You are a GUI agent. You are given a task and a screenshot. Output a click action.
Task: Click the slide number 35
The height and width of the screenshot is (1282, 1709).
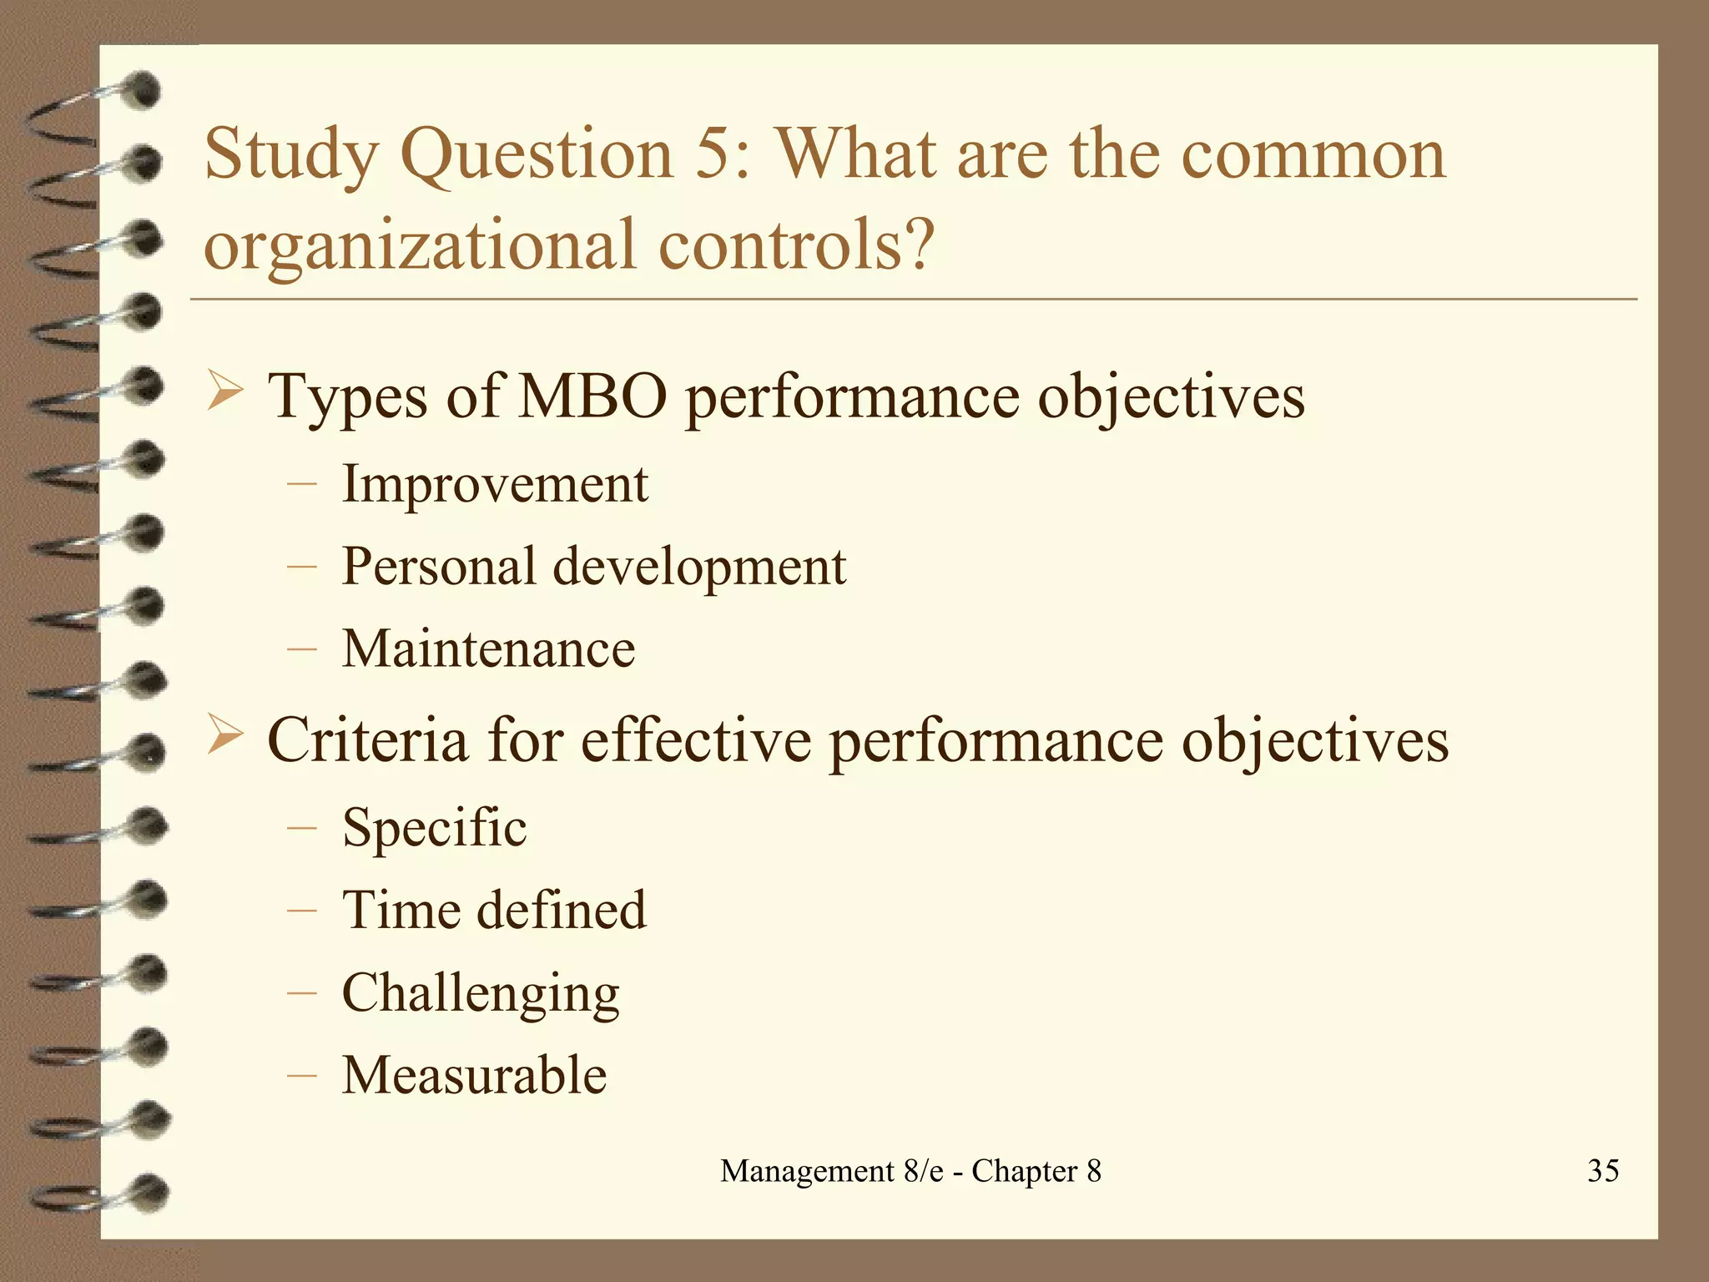point(1603,1170)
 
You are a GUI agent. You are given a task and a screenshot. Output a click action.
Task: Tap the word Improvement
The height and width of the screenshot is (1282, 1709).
point(495,484)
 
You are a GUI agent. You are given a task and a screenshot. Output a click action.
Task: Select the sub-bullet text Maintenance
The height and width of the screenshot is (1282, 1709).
point(488,649)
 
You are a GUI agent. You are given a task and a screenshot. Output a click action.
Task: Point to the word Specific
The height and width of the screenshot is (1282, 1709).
point(434,828)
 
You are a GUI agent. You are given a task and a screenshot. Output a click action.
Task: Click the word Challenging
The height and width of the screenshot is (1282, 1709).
point(481,993)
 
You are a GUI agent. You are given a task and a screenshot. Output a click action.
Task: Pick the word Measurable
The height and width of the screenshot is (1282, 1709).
point(474,1075)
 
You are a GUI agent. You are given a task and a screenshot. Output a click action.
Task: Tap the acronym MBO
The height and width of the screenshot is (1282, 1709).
point(592,396)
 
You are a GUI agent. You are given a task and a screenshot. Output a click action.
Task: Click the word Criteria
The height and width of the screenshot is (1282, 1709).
point(367,740)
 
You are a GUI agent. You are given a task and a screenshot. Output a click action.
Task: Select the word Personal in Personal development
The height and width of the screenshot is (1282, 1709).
point(439,567)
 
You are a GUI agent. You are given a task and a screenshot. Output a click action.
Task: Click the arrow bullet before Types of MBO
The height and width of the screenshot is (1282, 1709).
point(224,391)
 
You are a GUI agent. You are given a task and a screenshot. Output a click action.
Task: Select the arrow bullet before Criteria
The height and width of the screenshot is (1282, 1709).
point(224,735)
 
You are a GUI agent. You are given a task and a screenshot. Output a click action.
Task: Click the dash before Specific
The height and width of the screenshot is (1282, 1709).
point(300,829)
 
